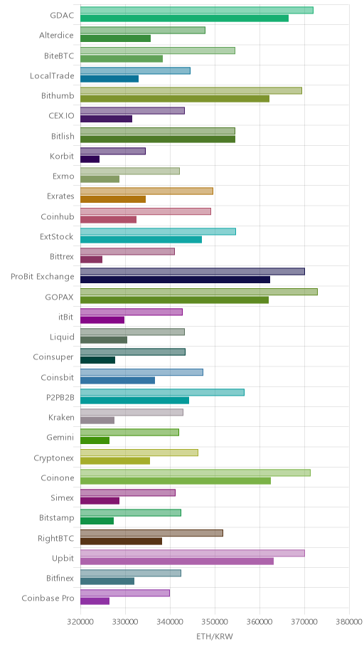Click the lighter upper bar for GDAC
196,11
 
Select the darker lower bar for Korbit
90,159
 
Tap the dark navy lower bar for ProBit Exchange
175,280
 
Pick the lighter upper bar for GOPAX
199,292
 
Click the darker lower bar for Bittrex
91,260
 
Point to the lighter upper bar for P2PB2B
162,392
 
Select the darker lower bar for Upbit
176,561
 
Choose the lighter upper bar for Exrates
146,191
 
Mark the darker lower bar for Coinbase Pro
95,601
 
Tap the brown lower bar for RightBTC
121,541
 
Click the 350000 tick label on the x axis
215,622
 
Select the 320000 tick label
80,622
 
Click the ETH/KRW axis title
215,637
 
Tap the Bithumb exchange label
58,95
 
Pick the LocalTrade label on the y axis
52,75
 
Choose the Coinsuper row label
53,357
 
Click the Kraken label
61,417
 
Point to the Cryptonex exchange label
54,458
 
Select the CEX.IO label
62,115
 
